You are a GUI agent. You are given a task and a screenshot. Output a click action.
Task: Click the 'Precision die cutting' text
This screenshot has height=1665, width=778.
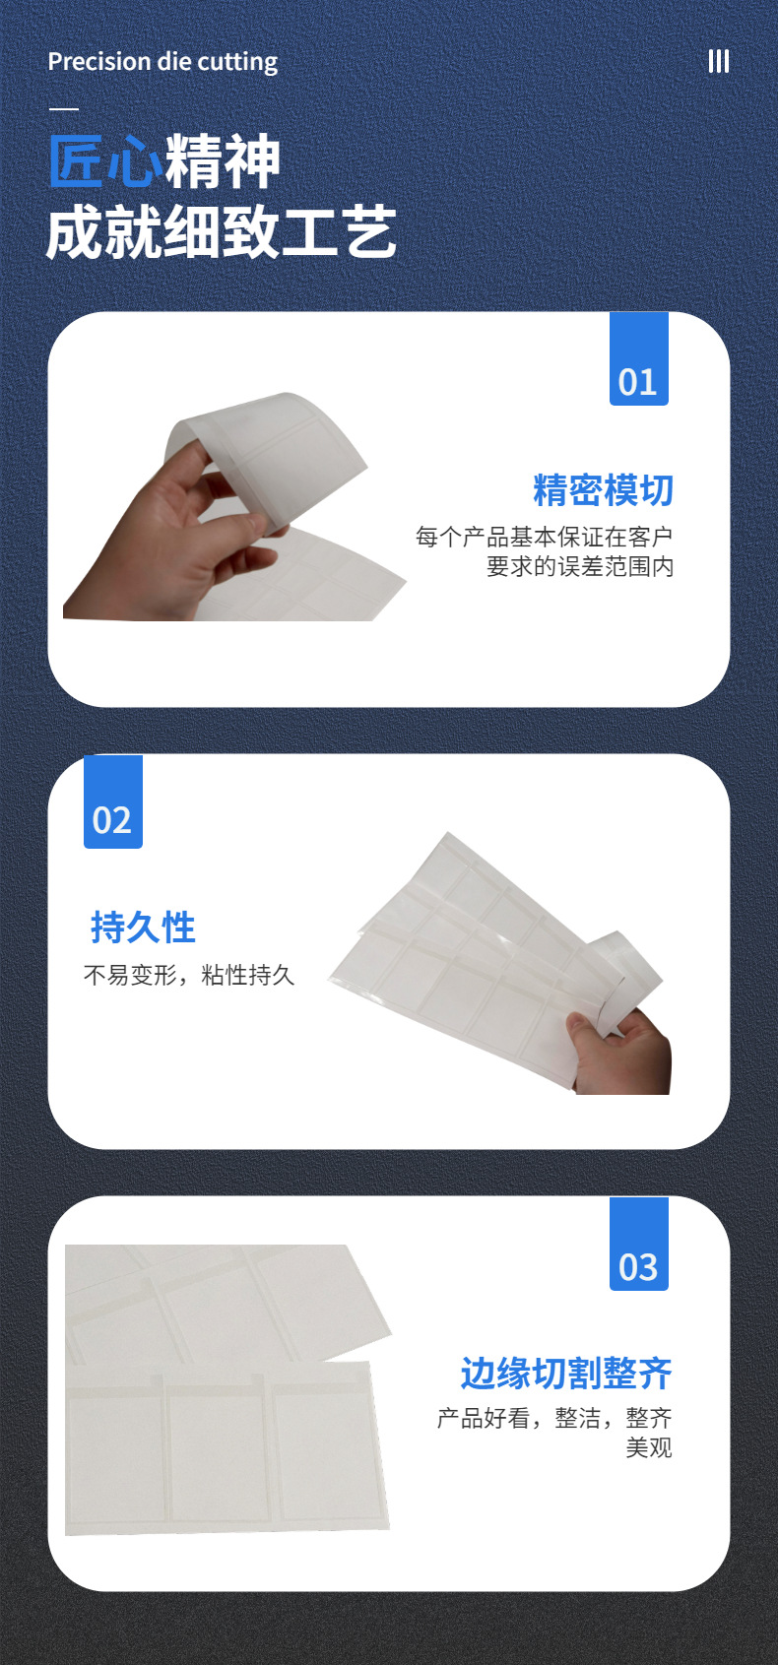[162, 62]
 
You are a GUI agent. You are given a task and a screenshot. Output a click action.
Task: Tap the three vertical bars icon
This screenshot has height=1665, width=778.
[719, 62]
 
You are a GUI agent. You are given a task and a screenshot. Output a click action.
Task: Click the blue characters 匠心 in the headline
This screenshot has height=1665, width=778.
[105, 160]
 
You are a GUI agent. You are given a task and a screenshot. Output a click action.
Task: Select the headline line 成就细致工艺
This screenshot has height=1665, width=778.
[222, 232]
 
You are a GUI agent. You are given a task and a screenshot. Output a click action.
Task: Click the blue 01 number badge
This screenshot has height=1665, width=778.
[639, 359]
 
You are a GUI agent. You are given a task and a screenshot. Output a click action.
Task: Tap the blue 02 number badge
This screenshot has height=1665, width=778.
[113, 801]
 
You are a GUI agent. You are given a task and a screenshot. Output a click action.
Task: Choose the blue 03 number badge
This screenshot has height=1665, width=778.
[639, 1244]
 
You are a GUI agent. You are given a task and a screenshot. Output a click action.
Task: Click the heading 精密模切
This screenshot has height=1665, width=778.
[604, 490]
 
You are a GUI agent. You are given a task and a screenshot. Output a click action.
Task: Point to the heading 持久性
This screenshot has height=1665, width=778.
[143, 928]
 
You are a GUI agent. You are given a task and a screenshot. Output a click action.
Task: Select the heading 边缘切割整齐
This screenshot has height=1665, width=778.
[566, 1373]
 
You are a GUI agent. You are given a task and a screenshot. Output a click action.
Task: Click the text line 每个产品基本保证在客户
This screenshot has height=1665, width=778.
[544, 537]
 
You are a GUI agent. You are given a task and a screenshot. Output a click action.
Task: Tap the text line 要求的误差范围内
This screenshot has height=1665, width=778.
[580, 566]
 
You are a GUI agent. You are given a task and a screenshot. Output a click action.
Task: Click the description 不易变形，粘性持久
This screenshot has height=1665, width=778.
[189, 975]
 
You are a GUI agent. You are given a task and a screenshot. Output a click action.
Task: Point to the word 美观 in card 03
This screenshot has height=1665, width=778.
[649, 1447]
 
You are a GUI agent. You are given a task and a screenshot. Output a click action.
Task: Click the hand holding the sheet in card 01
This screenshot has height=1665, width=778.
[171, 543]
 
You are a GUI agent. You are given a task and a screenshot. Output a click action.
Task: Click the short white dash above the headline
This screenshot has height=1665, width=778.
[64, 109]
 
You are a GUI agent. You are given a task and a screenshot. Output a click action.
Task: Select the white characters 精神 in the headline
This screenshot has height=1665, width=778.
[223, 160]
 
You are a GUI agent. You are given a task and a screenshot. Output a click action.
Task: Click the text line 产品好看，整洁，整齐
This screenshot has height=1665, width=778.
[554, 1418]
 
